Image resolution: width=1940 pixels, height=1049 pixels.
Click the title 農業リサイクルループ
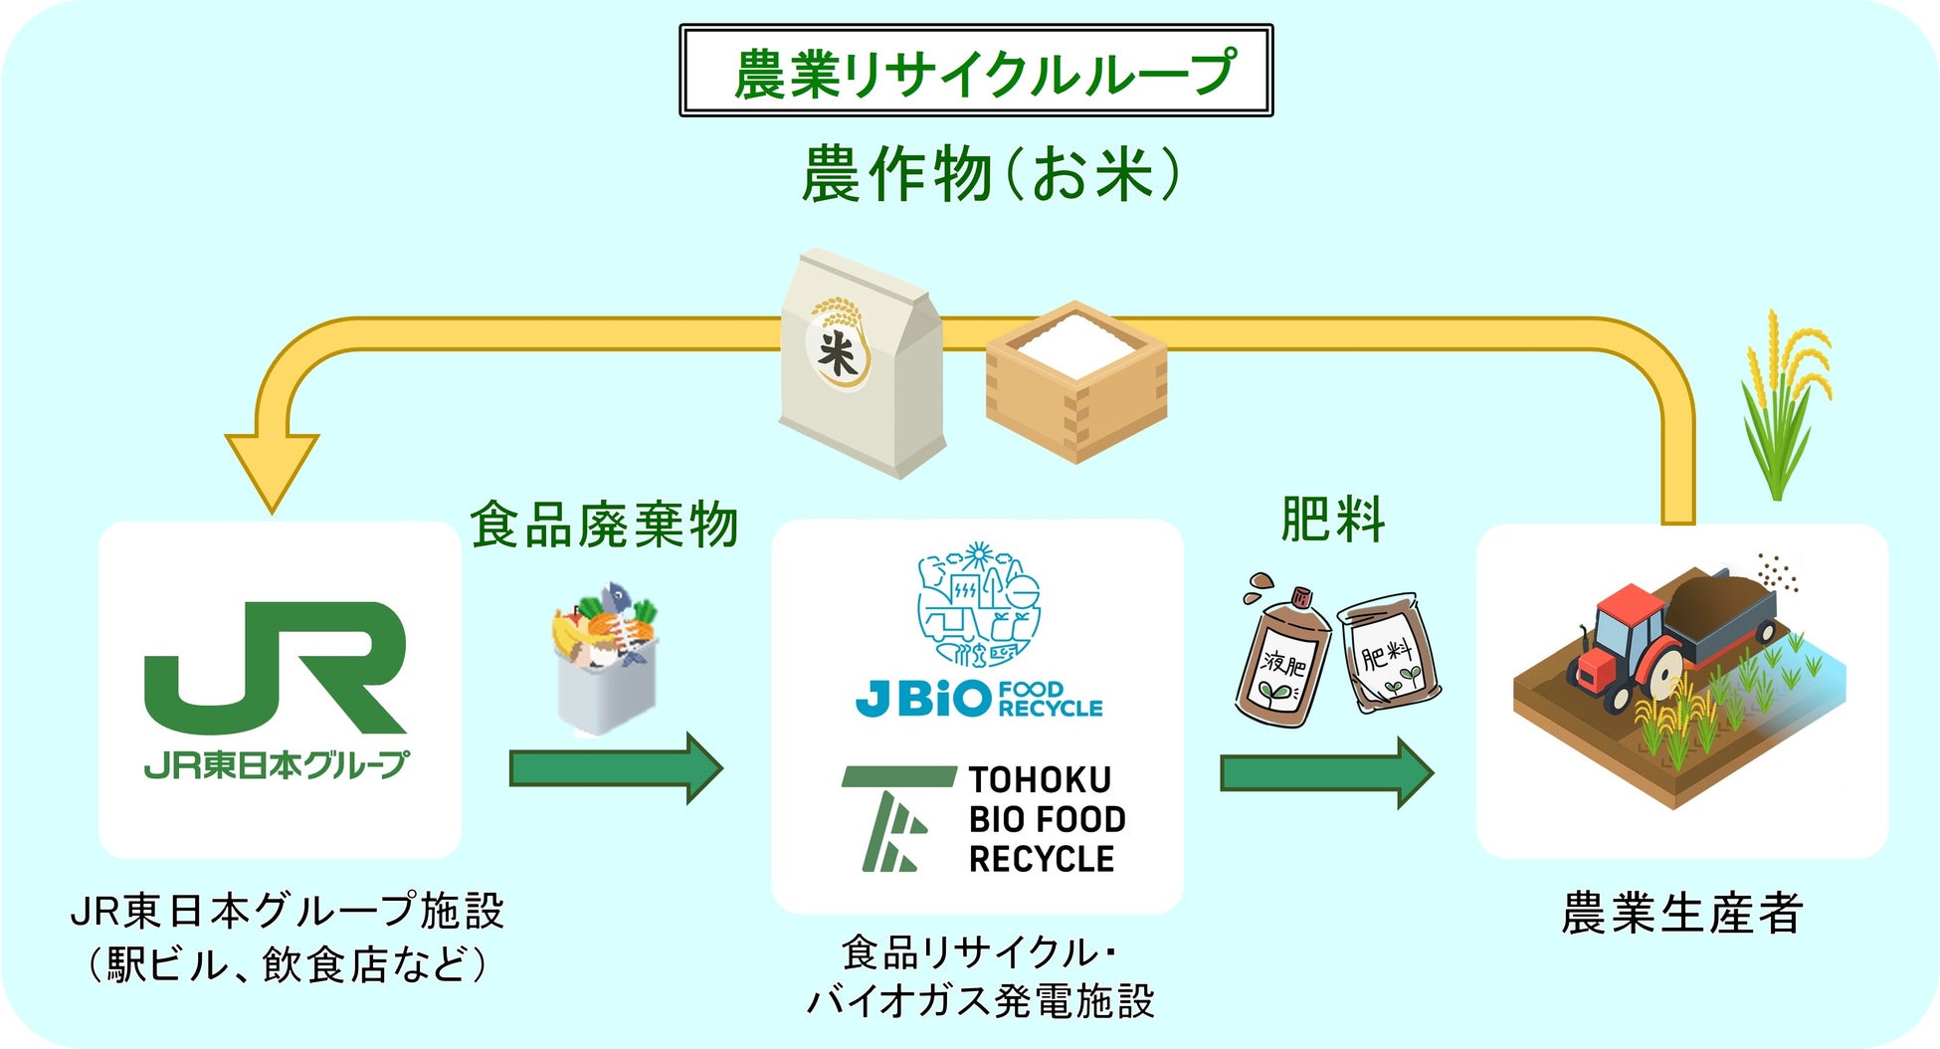[975, 72]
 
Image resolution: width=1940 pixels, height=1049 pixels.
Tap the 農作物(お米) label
[990, 174]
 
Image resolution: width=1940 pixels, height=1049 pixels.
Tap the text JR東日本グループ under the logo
[276, 764]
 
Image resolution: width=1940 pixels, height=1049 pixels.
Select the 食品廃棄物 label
[604, 524]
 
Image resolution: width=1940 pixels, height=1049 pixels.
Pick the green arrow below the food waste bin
[615, 768]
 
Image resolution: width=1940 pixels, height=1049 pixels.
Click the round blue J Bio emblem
[978, 605]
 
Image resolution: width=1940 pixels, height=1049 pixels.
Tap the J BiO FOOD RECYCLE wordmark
[978, 699]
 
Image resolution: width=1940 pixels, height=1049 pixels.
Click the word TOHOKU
[1040, 779]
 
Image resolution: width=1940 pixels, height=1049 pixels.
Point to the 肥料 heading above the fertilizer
[1331, 520]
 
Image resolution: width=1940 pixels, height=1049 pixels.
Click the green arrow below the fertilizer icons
[1326, 772]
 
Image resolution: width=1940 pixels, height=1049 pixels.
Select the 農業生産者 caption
[1681, 914]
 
